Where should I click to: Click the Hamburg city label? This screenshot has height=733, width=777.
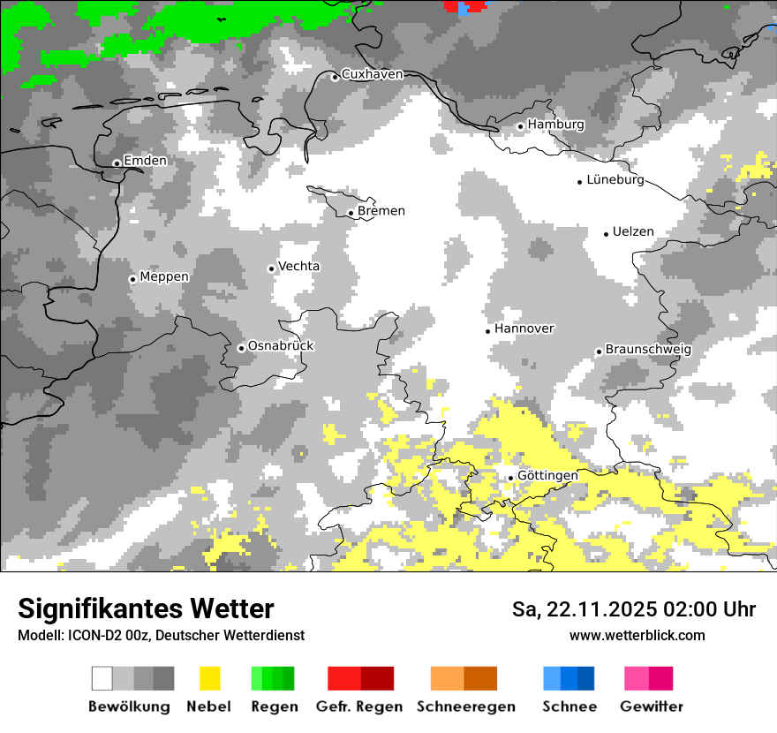[556, 125]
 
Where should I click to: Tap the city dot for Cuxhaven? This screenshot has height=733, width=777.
[335, 77]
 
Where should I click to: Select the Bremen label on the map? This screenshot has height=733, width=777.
[381, 211]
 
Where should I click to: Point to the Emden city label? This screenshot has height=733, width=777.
[145, 161]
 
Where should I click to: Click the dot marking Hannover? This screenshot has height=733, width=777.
[487, 331]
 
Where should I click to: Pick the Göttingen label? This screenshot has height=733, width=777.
[547, 475]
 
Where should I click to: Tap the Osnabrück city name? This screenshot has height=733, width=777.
[281, 346]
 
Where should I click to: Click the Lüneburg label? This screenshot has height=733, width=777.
[615, 180]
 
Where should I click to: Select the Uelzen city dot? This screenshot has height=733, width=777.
[607, 234]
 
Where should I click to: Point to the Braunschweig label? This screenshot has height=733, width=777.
[648, 349]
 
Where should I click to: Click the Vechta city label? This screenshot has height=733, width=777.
[299, 266]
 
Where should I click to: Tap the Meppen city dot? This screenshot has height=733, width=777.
[132, 279]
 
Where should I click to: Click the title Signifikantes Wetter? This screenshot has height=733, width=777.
[146, 608]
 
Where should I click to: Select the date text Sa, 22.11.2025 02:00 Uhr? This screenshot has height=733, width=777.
[634, 609]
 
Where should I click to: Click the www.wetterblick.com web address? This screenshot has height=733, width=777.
[637, 635]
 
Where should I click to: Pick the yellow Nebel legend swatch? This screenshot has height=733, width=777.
[209, 678]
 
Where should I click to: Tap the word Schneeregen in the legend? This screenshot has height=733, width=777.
[466, 707]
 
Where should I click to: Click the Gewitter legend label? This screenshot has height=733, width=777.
[652, 707]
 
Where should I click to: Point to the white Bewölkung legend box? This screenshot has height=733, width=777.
[102, 678]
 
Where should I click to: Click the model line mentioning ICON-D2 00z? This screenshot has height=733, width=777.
[161, 635]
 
